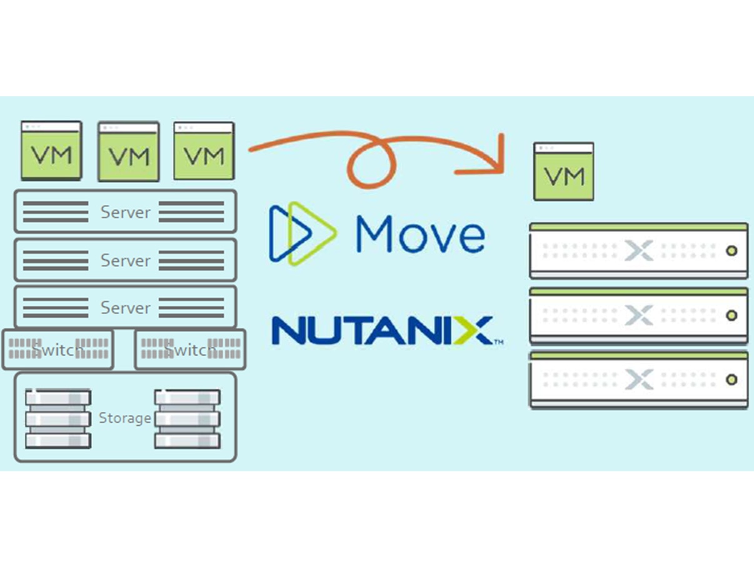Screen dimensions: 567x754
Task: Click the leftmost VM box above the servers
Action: tap(51, 151)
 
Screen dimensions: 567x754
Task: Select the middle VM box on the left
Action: tap(128, 152)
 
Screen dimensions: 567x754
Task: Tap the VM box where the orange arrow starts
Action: tap(204, 151)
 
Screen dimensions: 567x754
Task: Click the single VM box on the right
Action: tap(563, 171)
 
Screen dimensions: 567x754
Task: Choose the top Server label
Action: tap(126, 213)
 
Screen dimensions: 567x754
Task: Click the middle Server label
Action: tap(126, 260)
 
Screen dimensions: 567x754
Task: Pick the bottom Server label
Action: tap(126, 308)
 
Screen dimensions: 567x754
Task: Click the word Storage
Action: tap(125, 418)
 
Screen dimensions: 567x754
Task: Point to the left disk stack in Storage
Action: tap(58, 419)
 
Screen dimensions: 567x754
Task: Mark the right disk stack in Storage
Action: tap(187, 419)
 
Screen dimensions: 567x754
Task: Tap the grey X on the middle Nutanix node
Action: tap(638, 316)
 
